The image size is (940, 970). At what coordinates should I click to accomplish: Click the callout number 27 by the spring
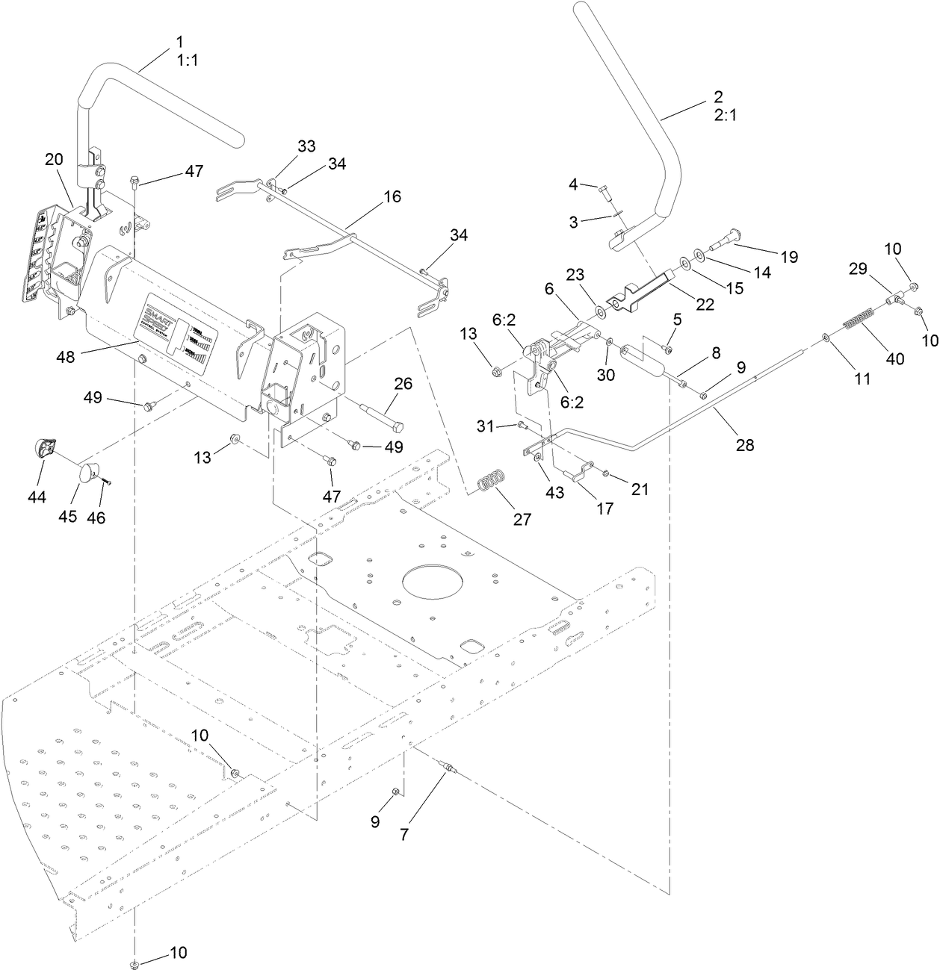coord(522,520)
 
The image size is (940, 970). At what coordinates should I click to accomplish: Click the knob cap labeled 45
coord(89,473)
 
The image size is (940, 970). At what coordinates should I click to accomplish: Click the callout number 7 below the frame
coord(404,835)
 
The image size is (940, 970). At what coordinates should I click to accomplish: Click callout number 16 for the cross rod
coord(392,196)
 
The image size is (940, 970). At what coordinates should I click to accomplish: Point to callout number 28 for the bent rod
coord(744,445)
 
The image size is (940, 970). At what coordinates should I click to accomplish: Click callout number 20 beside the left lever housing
coord(54,159)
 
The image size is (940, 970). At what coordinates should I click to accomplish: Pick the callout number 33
coord(306,146)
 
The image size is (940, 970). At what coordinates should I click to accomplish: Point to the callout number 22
coord(705,304)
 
